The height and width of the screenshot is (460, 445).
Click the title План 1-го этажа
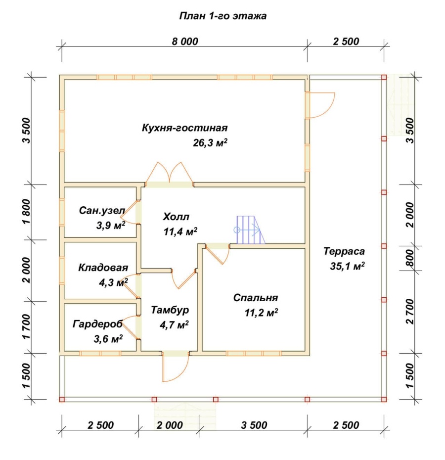222,16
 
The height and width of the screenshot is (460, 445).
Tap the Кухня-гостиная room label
185,128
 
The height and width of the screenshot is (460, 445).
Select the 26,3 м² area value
210,142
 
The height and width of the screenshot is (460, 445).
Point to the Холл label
176,217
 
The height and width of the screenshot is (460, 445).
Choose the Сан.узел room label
102,210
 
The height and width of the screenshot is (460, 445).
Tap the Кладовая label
103,268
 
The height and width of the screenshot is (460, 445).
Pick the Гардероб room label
98,324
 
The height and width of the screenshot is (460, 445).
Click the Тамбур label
170,310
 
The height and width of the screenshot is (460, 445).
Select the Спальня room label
256,298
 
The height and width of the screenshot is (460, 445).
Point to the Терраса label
344,251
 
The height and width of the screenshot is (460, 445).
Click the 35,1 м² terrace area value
347,266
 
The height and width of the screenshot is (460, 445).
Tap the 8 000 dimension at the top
185,42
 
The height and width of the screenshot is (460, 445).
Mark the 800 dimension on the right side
410,258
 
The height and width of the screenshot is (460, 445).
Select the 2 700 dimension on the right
410,311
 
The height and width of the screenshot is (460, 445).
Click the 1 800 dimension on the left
26,212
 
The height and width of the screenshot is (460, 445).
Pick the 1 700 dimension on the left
26,326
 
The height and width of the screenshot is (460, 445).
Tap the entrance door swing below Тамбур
176,367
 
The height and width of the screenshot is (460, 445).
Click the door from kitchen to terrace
320,105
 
